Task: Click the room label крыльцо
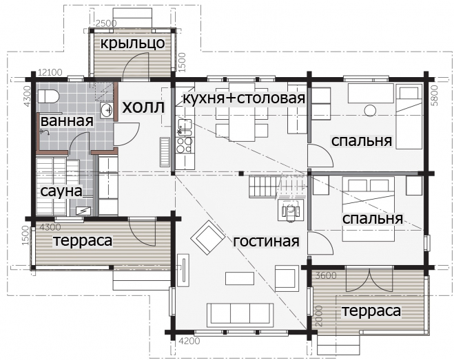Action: pos(132,43)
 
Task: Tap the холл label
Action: pos(143,107)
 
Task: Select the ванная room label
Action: pos(67,120)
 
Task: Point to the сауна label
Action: pos(61,191)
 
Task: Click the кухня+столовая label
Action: pos(244,98)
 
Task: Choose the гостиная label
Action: pos(266,242)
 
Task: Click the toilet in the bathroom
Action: pos(48,96)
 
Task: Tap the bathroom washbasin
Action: pos(107,110)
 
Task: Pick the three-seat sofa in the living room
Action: pos(240,315)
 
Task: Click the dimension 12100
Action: pos(50,72)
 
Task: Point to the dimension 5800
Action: pos(434,96)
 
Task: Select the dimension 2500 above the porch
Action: pos(106,23)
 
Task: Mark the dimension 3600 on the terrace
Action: pos(326,275)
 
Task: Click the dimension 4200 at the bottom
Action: pos(189,341)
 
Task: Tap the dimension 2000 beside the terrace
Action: pos(318,316)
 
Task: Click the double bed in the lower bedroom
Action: pos(369,209)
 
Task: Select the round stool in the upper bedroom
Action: pos(370,110)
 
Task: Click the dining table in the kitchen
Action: pos(242,112)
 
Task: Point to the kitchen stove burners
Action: pos(185,145)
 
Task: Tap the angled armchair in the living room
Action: pos(208,237)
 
